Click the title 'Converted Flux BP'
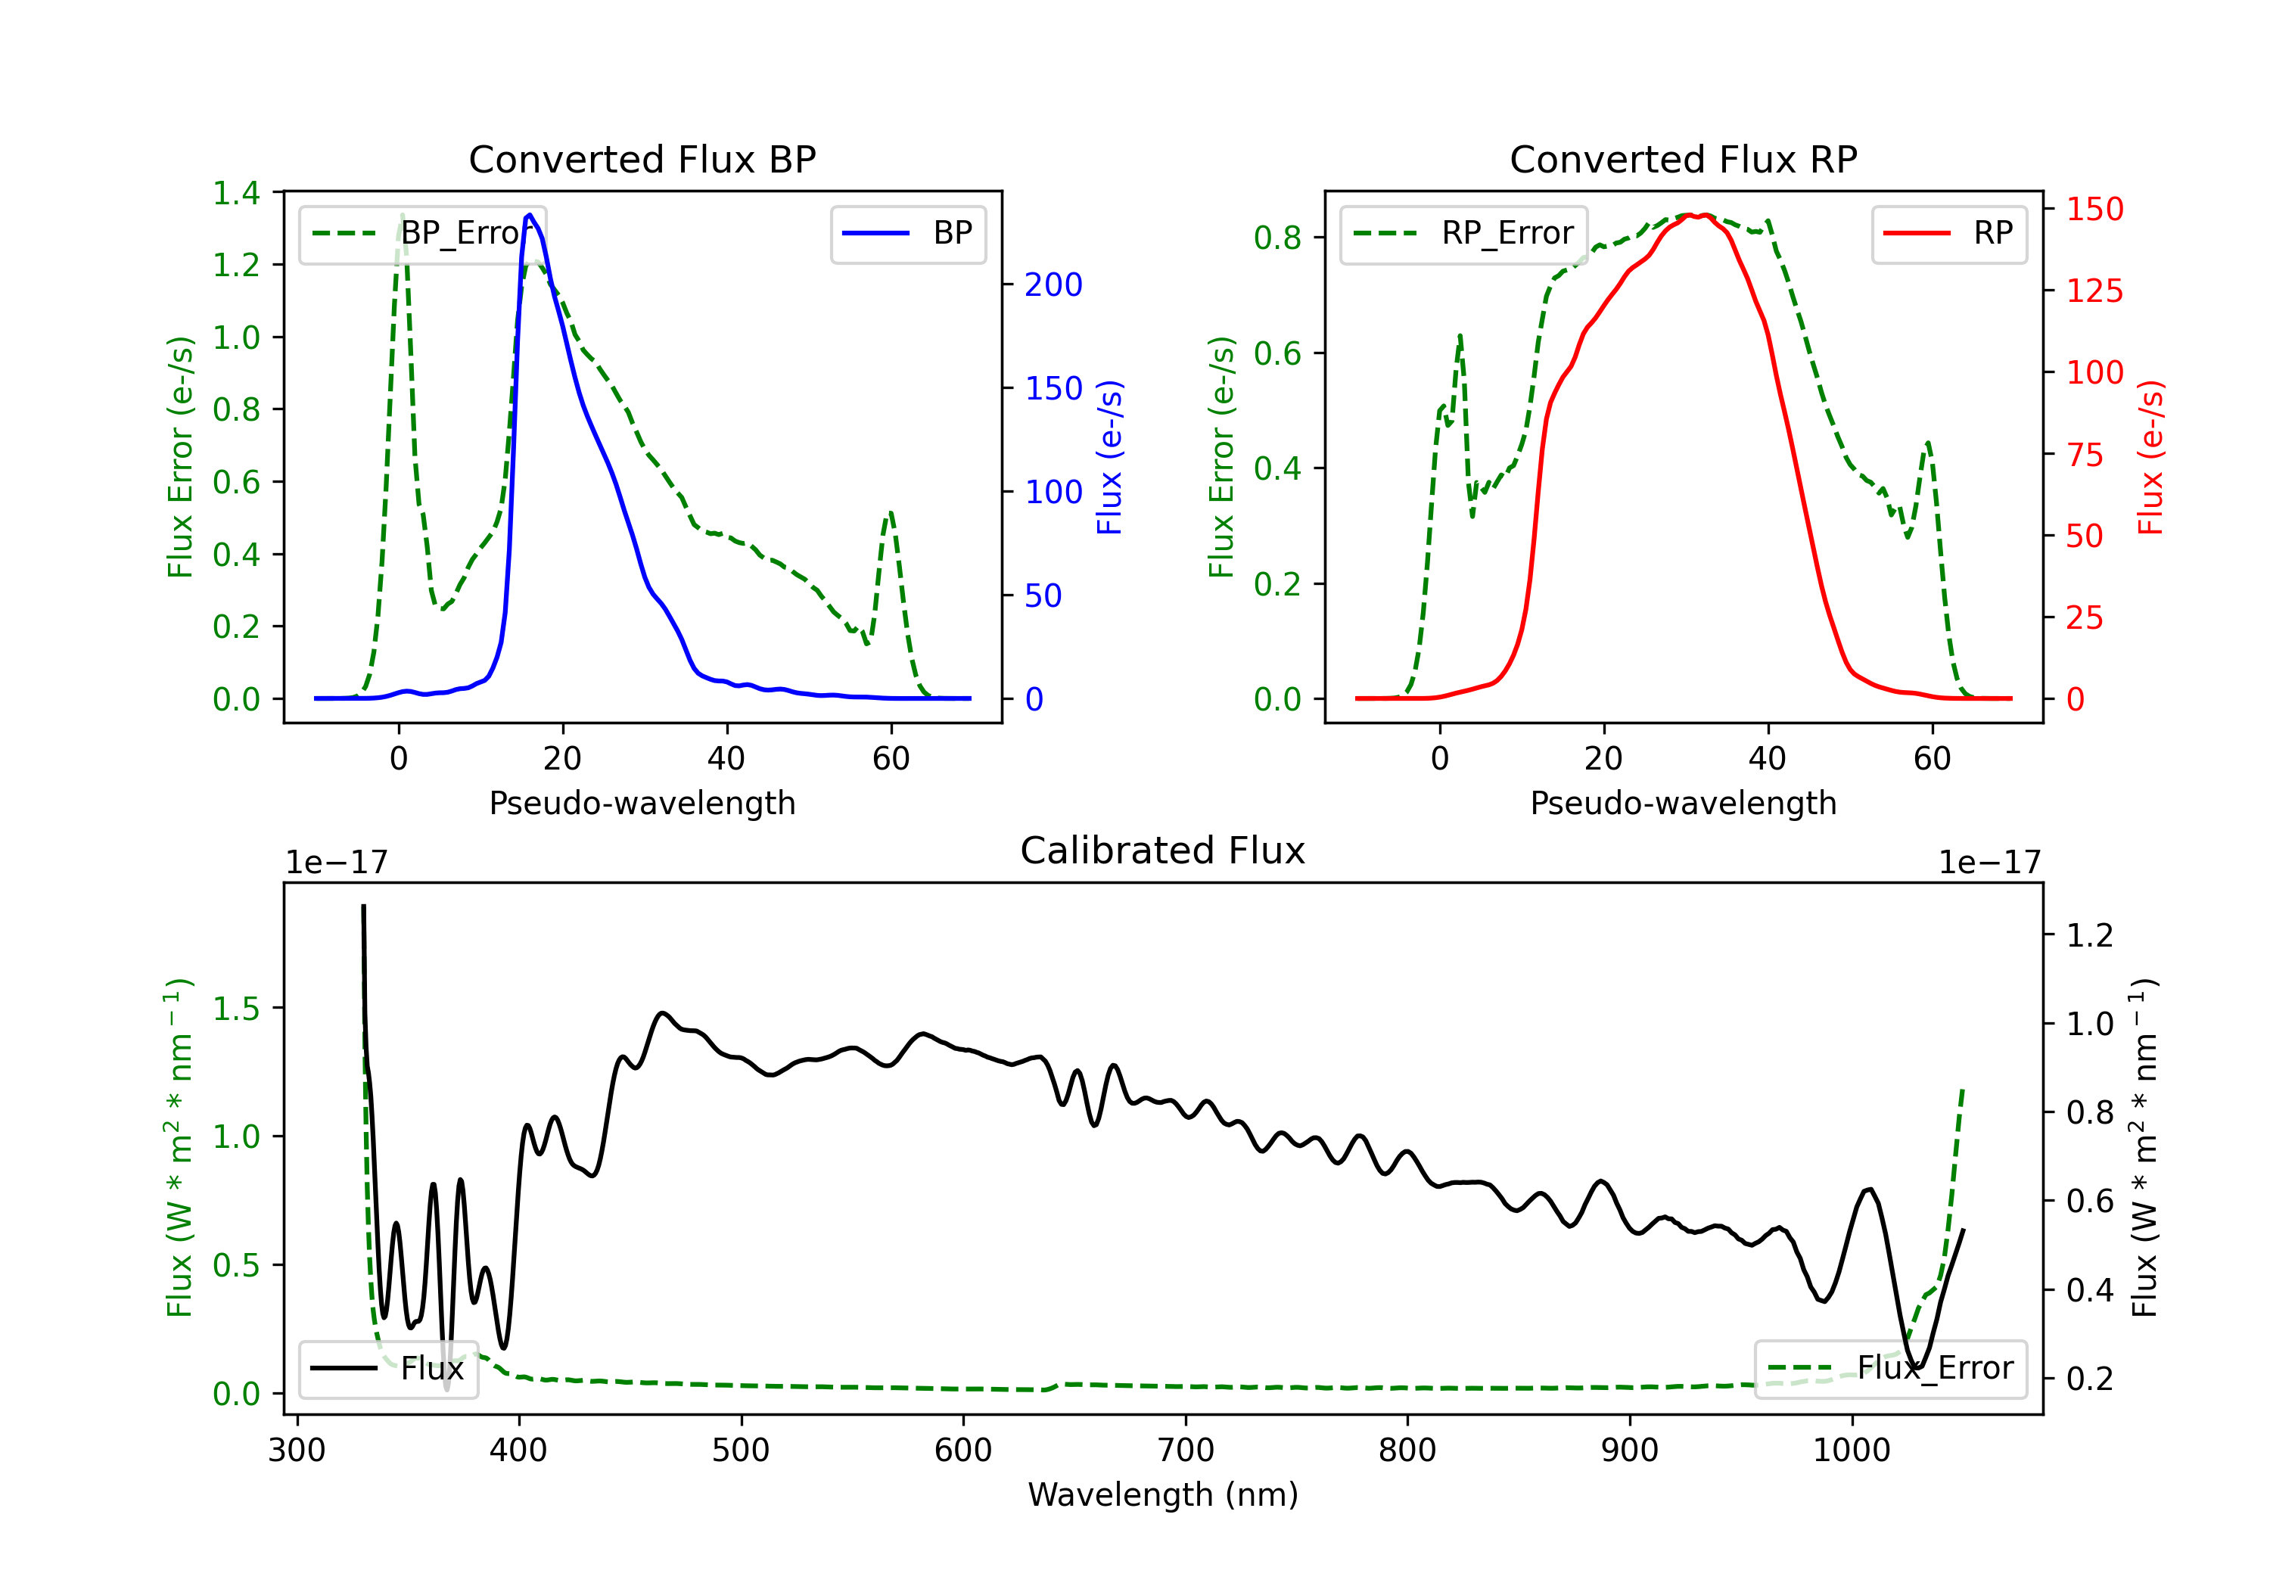click(642, 159)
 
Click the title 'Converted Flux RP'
click(1683, 159)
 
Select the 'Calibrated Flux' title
click(1163, 850)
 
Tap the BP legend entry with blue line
click(907, 233)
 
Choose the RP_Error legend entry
click(1463, 233)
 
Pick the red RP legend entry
click(1948, 233)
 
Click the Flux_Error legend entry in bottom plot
click(1890, 1369)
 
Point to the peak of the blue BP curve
click(530, 215)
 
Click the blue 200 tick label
click(1053, 285)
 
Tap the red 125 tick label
click(2094, 291)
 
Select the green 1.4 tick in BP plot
click(236, 193)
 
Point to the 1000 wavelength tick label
click(1851, 1450)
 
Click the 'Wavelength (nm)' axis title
click(1163, 1494)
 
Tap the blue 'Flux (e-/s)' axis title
click(1110, 457)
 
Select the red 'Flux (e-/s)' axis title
click(2151, 457)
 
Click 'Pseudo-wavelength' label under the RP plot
click(1683, 803)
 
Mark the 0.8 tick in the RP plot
click(1277, 238)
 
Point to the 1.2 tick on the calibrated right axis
click(2089, 934)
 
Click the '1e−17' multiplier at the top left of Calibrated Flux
click(336, 863)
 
